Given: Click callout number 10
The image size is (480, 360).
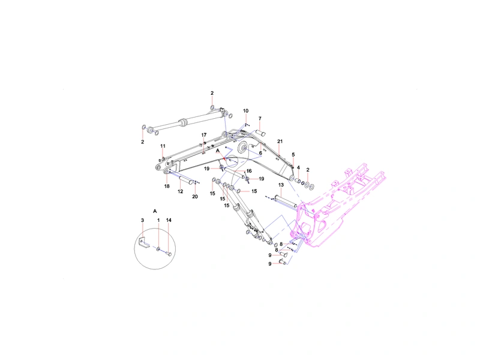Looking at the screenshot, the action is pyautogui.click(x=246, y=111).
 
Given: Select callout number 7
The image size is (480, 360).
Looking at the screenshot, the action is pyautogui.click(x=260, y=118).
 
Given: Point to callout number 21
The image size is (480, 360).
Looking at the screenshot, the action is pyautogui.click(x=280, y=142).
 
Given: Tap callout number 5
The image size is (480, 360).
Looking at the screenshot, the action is pyautogui.click(x=293, y=155).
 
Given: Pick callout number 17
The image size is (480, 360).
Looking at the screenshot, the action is pyautogui.click(x=204, y=135).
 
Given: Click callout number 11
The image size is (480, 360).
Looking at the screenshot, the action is pyautogui.click(x=163, y=146).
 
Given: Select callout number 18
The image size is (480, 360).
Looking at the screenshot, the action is pyautogui.click(x=167, y=186).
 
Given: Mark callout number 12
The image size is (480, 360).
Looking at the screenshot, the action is pyautogui.click(x=181, y=191).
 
